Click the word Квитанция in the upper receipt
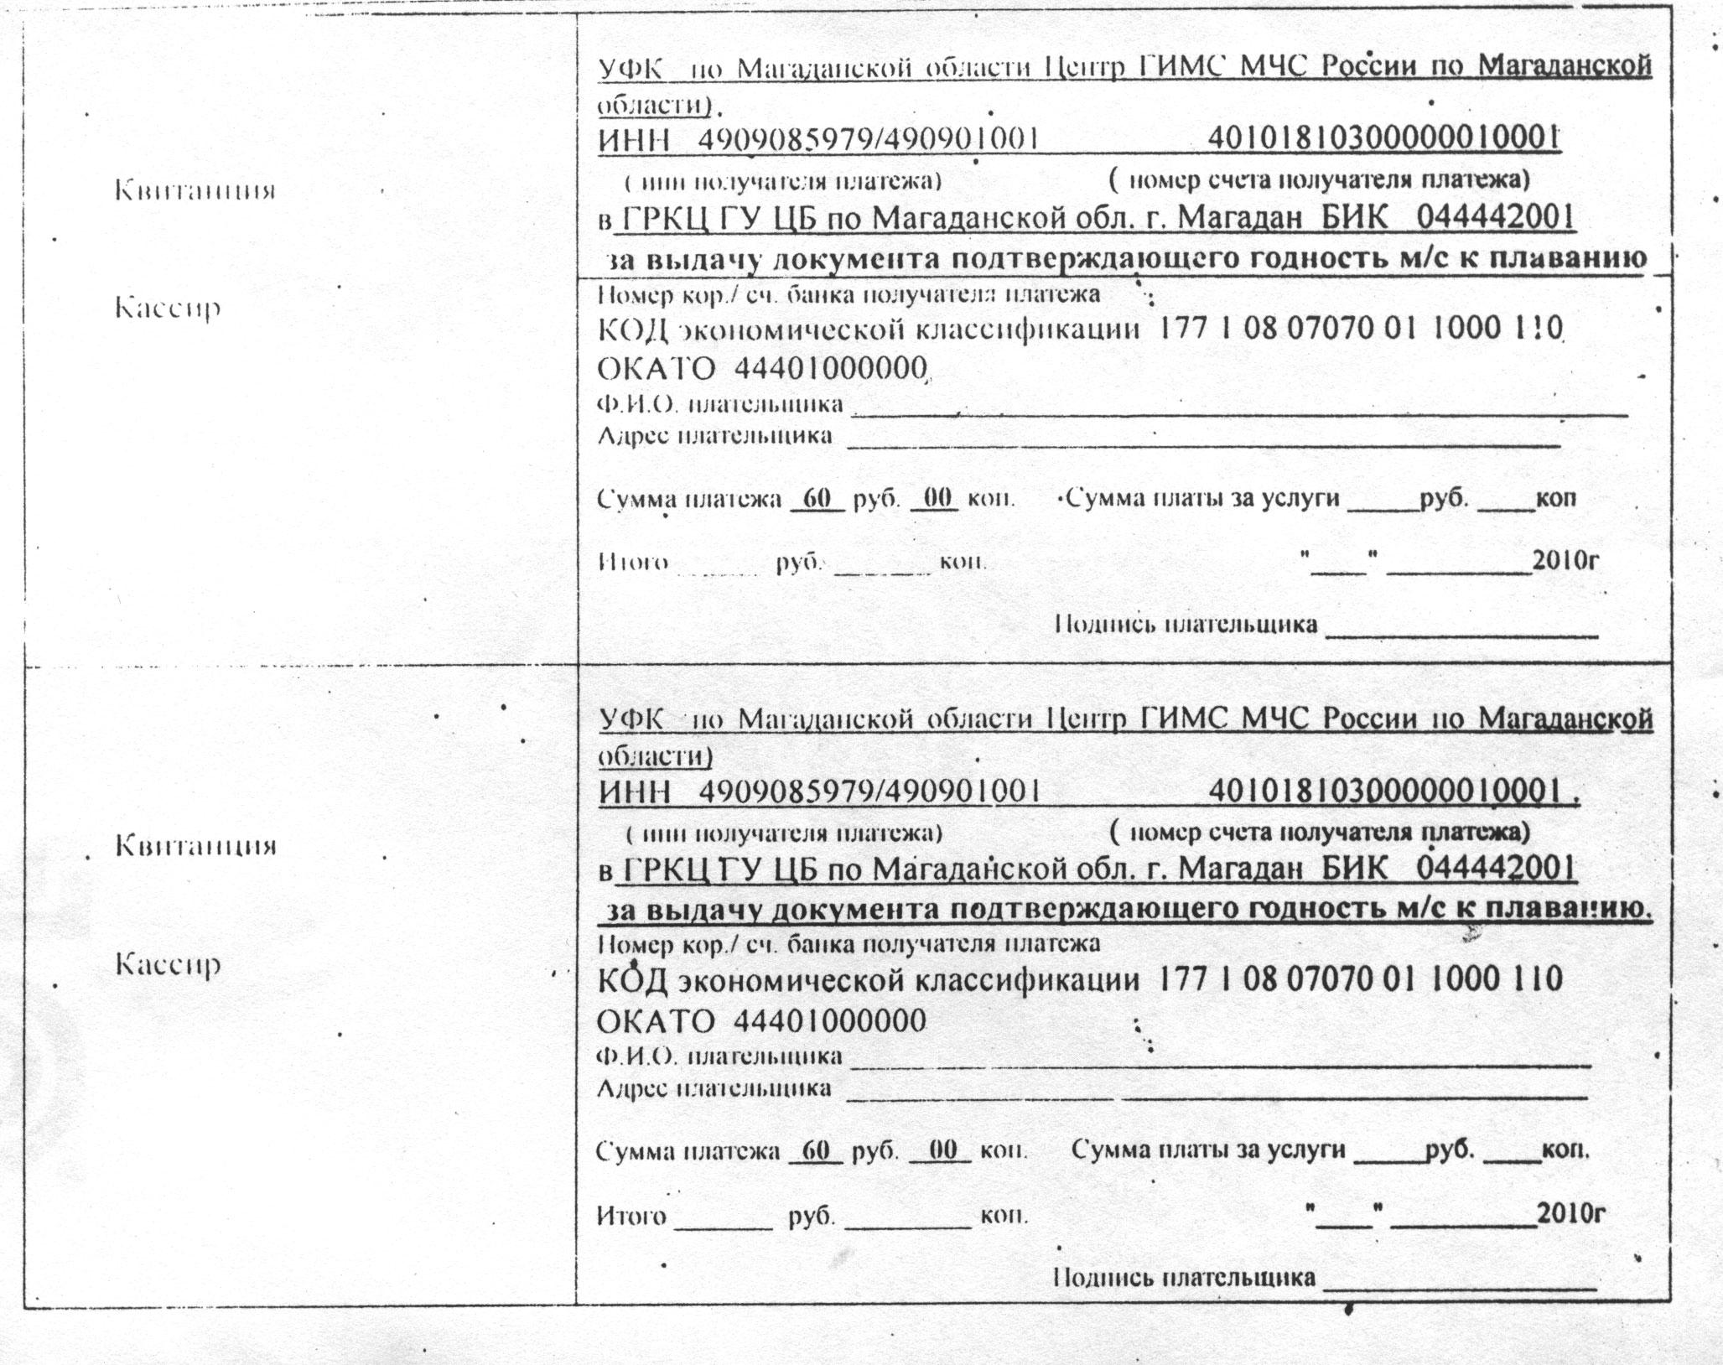coord(195,191)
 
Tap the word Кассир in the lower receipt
coord(168,965)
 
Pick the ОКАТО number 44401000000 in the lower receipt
coord(830,1020)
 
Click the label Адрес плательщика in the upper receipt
coord(714,436)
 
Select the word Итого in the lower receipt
coord(631,1215)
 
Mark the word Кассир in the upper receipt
coord(168,309)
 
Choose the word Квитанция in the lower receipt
coord(195,845)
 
